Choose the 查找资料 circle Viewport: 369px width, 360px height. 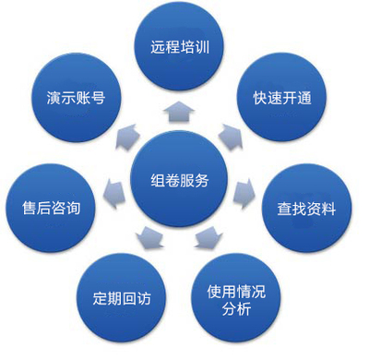pyautogui.click(x=306, y=209)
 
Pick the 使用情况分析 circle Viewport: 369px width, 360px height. pyautogui.click(x=235, y=300)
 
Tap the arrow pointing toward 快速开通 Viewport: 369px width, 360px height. pyautogui.click(x=230, y=137)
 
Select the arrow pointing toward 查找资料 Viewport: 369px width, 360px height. pyautogui.click(x=244, y=191)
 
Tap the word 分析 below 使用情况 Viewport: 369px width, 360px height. pyautogui.click(x=235, y=309)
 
